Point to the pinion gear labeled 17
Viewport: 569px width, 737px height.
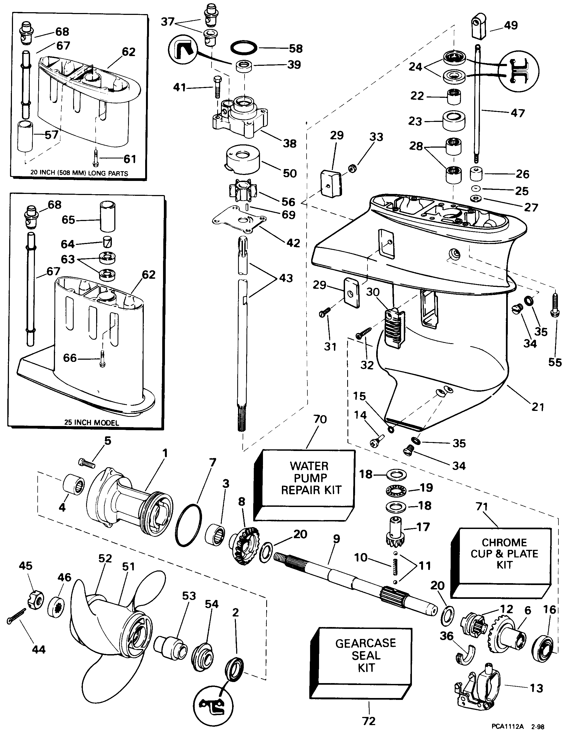(x=395, y=533)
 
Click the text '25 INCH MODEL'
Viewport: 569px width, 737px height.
(x=92, y=423)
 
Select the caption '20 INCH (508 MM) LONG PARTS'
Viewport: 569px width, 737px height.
(x=79, y=173)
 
